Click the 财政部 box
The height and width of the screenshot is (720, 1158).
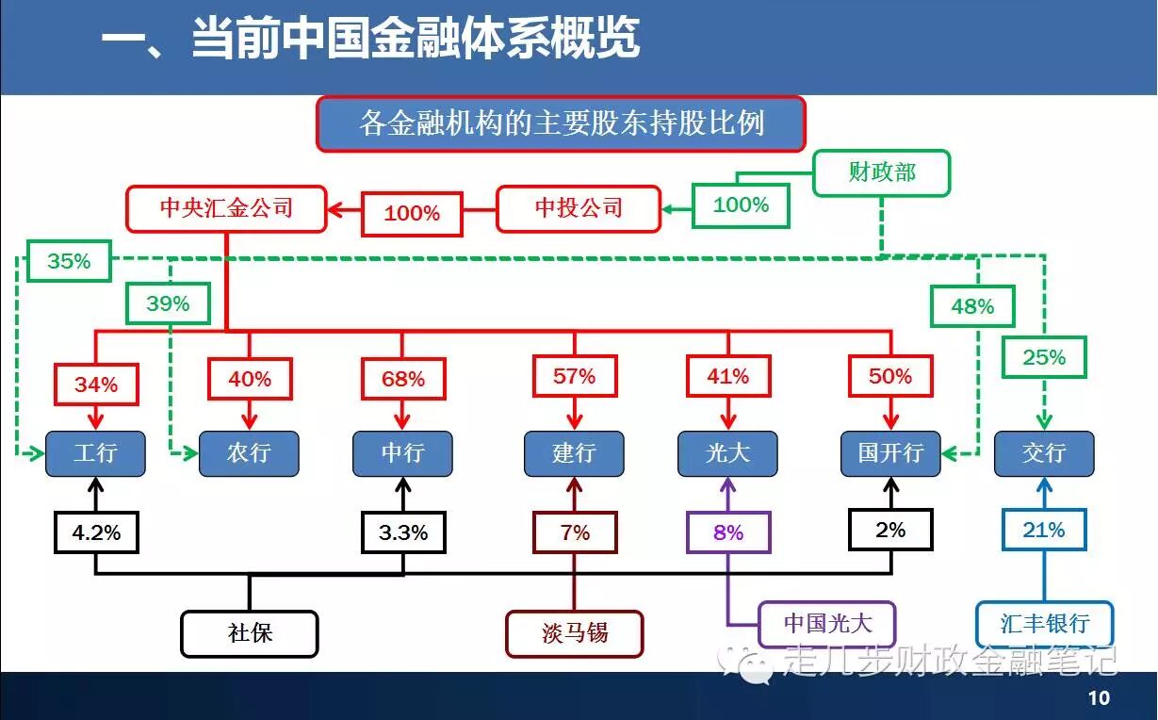pyautogui.click(x=881, y=172)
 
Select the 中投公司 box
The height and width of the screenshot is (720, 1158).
pyautogui.click(x=579, y=207)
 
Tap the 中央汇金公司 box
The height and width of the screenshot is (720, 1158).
pyautogui.click(x=226, y=207)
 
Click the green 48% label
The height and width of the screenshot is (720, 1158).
pyautogui.click(x=972, y=306)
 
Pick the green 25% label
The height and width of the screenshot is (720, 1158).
pyautogui.click(x=1044, y=357)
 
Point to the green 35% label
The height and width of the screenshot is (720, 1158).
pyautogui.click(x=69, y=261)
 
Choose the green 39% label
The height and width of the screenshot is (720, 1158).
pyautogui.click(x=168, y=303)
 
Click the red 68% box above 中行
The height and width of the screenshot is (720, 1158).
pyautogui.click(x=403, y=379)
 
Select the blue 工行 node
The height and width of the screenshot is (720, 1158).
pyautogui.click(x=96, y=453)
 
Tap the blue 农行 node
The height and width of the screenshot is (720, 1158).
pyautogui.click(x=249, y=453)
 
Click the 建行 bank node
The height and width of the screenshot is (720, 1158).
pyautogui.click(x=574, y=453)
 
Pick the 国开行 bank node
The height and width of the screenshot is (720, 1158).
pyautogui.click(x=890, y=453)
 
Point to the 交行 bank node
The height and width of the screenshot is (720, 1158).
pyautogui.click(x=1044, y=453)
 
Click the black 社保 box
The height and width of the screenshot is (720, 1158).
pyautogui.click(x=250, y=633)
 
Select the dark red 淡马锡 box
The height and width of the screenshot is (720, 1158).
pyautogui.click(x=575, y=633)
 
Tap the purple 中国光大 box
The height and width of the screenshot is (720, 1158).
pyautogui.click(x=827, y=623)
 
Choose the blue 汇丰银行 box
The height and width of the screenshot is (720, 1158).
pyautogui.click(x=1044, y=623)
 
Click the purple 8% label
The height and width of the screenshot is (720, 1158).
pyautogui.click(x=728, y=532)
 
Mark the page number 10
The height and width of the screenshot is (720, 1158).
pyautogui.click(x=1099, y=698)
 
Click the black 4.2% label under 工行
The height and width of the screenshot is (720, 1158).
pyautogui.click(x=96, y=532)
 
